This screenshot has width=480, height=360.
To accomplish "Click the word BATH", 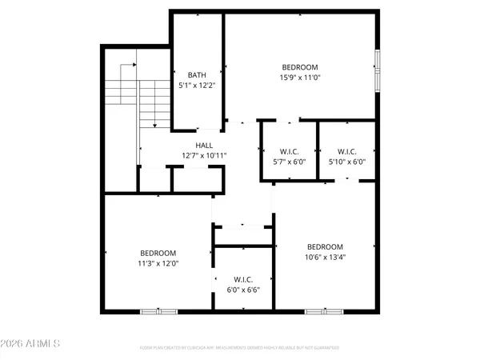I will [x=197, y=74].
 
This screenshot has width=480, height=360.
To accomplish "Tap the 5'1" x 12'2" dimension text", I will [x=197, y=84].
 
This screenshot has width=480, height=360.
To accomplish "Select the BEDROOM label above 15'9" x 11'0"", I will [x=300, y=66].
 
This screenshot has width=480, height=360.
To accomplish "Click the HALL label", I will [x=204, y=146].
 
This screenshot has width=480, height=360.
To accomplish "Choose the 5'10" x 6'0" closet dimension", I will [x=347, y=161].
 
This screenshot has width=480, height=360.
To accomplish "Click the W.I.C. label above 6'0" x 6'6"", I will [x=242, y=280].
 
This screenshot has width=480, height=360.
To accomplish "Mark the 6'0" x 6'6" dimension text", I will [x=242, y=290].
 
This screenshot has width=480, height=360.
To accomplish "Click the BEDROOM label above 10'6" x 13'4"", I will [x=325, y=246].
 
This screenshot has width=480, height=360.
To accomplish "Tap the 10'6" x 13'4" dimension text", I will [x=325, y=257].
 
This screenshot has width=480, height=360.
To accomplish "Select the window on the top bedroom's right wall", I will [x=378, y=73].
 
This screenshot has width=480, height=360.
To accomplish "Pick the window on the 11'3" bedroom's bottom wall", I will [x=158, y=310].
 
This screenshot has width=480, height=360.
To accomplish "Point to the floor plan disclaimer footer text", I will [x=239, y=348].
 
